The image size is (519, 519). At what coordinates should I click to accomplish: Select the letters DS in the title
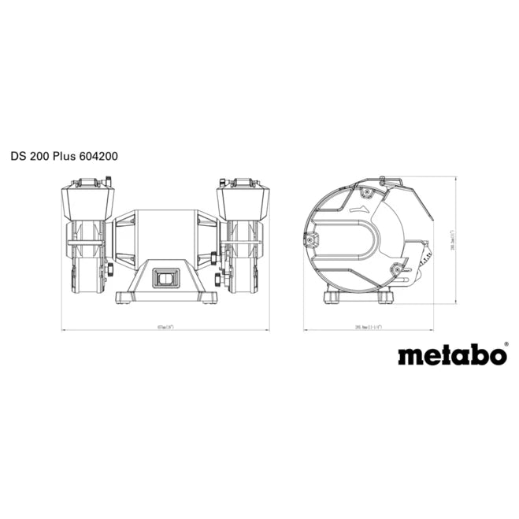pos(18,156)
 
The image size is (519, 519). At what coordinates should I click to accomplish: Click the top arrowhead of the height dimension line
pos(456,179)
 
